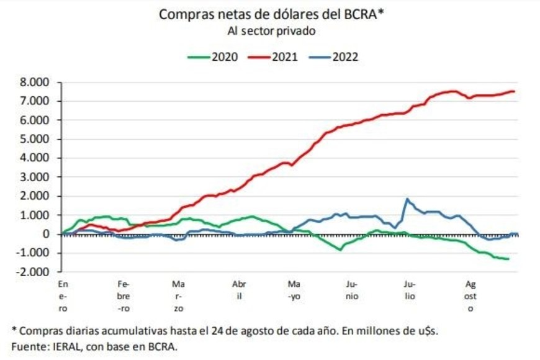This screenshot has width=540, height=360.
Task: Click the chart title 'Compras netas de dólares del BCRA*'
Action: tap(272, 14)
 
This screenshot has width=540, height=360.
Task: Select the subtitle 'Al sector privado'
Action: tap(272, 30)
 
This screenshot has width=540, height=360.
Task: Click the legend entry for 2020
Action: tap(214, 56)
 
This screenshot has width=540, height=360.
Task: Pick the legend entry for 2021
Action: tap(273, 56)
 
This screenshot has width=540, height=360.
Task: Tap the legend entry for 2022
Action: tap(333, 56)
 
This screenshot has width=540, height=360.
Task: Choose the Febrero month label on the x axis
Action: tap(123, 295)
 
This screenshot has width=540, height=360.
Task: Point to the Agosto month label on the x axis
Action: tap(472, 295)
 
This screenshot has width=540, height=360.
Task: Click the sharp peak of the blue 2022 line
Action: tap(407, 199)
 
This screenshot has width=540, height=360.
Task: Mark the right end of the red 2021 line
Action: tap(514, 91)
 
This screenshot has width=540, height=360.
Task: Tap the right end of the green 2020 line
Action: tap(509, 259)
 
